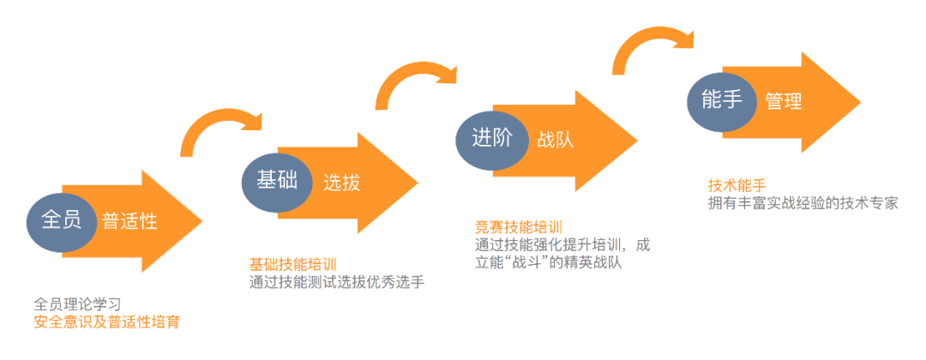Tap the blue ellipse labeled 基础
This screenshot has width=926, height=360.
[x=277, y=180]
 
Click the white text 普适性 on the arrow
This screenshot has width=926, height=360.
[x=129, y=221]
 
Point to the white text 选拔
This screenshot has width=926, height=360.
[x=341, y=182]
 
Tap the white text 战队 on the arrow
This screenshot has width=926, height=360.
[x=556, y=140]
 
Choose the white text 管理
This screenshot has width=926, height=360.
[x=784, y=101]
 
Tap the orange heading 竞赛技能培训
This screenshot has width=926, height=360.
[x=519, y=226]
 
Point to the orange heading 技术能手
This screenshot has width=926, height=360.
[x=736, y=185]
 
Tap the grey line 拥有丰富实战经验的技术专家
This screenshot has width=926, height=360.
[x=803, y=203]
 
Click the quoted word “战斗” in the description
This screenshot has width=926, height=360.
[x=524, y=263]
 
